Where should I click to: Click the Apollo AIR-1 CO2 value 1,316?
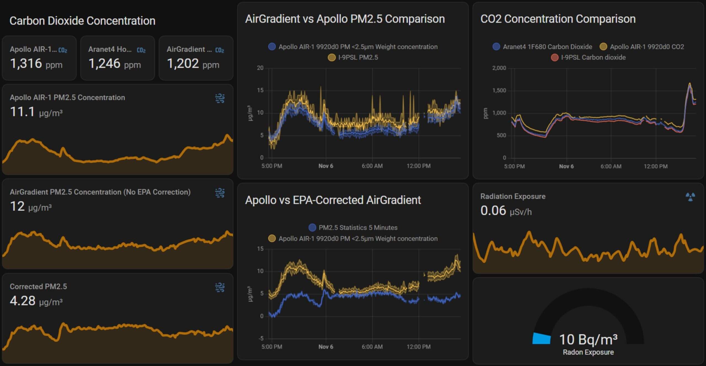click(26, 64)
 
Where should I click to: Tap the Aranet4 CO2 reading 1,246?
click(105, 64)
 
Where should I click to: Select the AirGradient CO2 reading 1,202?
click(183, 64)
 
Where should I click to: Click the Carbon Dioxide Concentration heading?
click(82, 21)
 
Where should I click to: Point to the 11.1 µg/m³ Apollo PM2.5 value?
click(22, 112)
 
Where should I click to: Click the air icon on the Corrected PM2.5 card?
click(220, 287)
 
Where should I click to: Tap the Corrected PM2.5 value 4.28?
click(23, 301)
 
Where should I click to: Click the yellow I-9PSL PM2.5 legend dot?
click(331, 57)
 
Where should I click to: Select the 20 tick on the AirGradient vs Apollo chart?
click(260, 68)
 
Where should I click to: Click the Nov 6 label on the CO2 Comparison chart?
click(566, 166)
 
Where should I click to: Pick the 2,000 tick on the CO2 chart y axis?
click(499, 68)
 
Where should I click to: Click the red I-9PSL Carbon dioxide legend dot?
click(555, 57)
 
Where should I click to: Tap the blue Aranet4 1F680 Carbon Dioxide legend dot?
click(496, 47)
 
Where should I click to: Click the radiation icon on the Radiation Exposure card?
click(690, 197)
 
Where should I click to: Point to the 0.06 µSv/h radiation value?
click(493, 211)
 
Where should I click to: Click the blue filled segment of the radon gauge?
click(541, 339)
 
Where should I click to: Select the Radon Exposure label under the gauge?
click(588, 352)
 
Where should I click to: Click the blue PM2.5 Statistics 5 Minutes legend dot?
click(312, 228)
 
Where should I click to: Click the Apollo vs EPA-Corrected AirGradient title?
click(333, 200)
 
